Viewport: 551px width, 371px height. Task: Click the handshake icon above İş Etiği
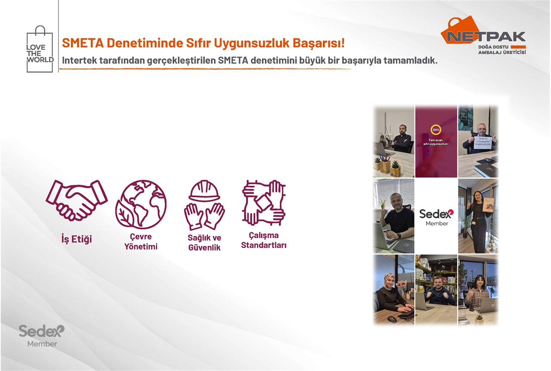[x=77, y=199]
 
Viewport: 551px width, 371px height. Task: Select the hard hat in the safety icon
[x=204, y=191]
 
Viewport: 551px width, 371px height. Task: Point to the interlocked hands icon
[x=264, y=203]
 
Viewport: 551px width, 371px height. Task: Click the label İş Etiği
[x=77, y=239]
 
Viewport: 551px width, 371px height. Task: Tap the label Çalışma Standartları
[x=263, y=240]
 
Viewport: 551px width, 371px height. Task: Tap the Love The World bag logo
[x=40, y=49]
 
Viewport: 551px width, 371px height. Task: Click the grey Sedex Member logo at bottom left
[x=41, y=335]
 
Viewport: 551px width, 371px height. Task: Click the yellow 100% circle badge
[x=436, y=129]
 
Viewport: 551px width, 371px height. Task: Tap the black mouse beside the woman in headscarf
[x=391, y=319]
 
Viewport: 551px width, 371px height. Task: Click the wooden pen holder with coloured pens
[x=385, y=164]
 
